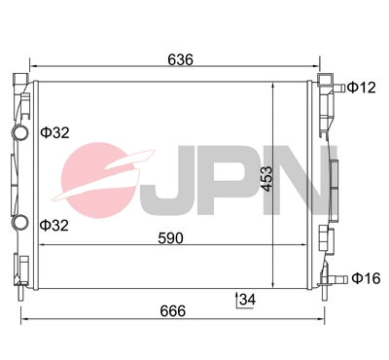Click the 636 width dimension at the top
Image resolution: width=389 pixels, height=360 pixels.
pos(180,59)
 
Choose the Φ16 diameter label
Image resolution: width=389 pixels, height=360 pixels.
pos(365,278)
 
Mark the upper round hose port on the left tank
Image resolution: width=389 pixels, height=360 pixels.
pos(18,132)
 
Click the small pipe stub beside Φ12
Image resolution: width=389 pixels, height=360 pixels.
pos(336,89)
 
